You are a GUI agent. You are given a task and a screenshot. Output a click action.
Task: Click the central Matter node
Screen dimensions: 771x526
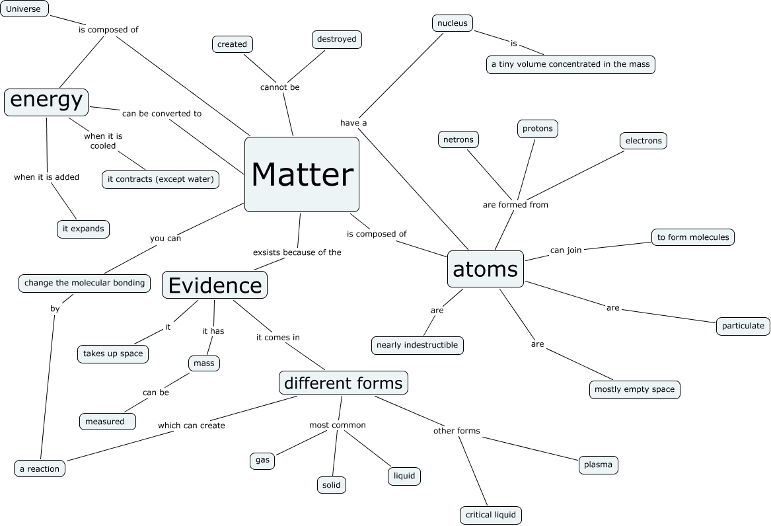tap(302, 174)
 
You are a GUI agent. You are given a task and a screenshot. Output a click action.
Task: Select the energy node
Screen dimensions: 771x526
tap(46, 101)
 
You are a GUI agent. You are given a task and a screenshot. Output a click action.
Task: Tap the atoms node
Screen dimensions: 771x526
tap(485, 269)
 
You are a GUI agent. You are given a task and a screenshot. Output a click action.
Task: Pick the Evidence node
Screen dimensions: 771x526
tap(215, 285)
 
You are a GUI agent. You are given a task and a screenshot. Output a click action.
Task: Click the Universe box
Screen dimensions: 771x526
tap(24, 9)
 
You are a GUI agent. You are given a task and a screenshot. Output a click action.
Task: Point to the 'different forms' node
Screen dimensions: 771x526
tap(343, 383)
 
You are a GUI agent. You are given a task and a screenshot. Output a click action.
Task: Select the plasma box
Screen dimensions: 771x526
tap(598, 465)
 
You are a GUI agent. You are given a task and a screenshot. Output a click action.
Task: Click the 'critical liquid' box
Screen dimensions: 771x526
tap(491, 515)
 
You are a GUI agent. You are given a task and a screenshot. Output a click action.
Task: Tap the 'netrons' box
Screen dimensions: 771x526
tap(458, 139)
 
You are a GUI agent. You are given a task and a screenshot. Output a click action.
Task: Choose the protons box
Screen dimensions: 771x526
tap(537, 128)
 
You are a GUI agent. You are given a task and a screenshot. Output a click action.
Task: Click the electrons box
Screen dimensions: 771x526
tap(643, 140)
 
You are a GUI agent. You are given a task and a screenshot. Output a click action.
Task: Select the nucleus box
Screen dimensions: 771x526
tap(453, 23)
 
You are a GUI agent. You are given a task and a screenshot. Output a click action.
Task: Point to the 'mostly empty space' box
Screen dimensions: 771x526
tap(634, 389)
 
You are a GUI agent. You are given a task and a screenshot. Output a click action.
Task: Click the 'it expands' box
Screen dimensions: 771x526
tap(83, 229)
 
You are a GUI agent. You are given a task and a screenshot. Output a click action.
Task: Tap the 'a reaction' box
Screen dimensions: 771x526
tap(40, 469)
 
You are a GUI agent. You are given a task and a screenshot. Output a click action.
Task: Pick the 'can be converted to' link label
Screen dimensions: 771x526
tap(162, 114)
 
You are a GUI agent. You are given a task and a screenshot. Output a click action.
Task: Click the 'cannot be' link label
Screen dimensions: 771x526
tap(279, 87)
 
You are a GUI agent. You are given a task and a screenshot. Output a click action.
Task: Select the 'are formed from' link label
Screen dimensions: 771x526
tap(515, 205)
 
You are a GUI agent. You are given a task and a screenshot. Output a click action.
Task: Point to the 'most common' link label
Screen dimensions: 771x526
tap(338, 425)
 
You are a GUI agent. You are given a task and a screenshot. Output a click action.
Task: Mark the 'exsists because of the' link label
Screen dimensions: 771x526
tap(297, 252)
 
